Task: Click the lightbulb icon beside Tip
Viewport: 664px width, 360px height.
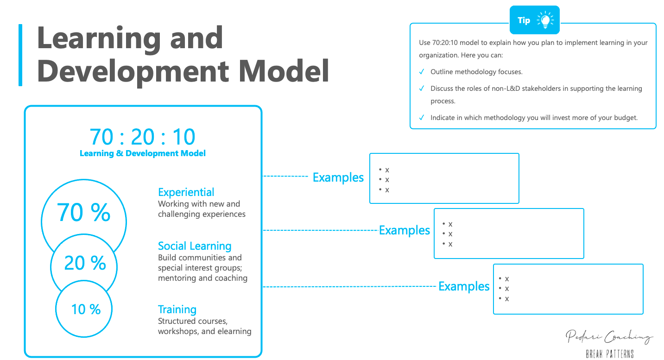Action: click(x=545, y=20)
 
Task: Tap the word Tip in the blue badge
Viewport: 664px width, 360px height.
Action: click(x=524, y=20)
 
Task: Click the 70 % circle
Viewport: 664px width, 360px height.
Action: click(x=84, y=213)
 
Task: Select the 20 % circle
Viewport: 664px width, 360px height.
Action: click(x=84, y=263)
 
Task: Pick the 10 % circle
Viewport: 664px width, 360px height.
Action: click(x=86, y=309)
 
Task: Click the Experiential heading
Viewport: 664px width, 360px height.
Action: click(x=186, y=192)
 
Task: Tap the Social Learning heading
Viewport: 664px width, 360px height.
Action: click(x=195, y=246)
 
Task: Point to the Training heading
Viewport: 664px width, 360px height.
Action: click(x=177, y=309)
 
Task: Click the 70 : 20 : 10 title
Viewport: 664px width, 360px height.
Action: click(x=142, y=137)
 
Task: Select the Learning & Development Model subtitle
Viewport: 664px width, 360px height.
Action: click(x=142, y=153)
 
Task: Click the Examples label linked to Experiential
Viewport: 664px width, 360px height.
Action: click(x=338, y=177)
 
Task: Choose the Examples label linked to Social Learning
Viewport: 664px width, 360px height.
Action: click(x=405, y=230)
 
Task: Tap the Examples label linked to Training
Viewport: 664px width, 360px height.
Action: click(x=464, y=286)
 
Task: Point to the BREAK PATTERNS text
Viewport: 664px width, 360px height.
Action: click(x=609, y=354)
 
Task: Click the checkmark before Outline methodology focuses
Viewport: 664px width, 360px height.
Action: click(x=422, y=72)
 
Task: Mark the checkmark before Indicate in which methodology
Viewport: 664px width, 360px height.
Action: click(x=422, y=118)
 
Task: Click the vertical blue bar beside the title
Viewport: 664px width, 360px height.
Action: click(x=20, y=55)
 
